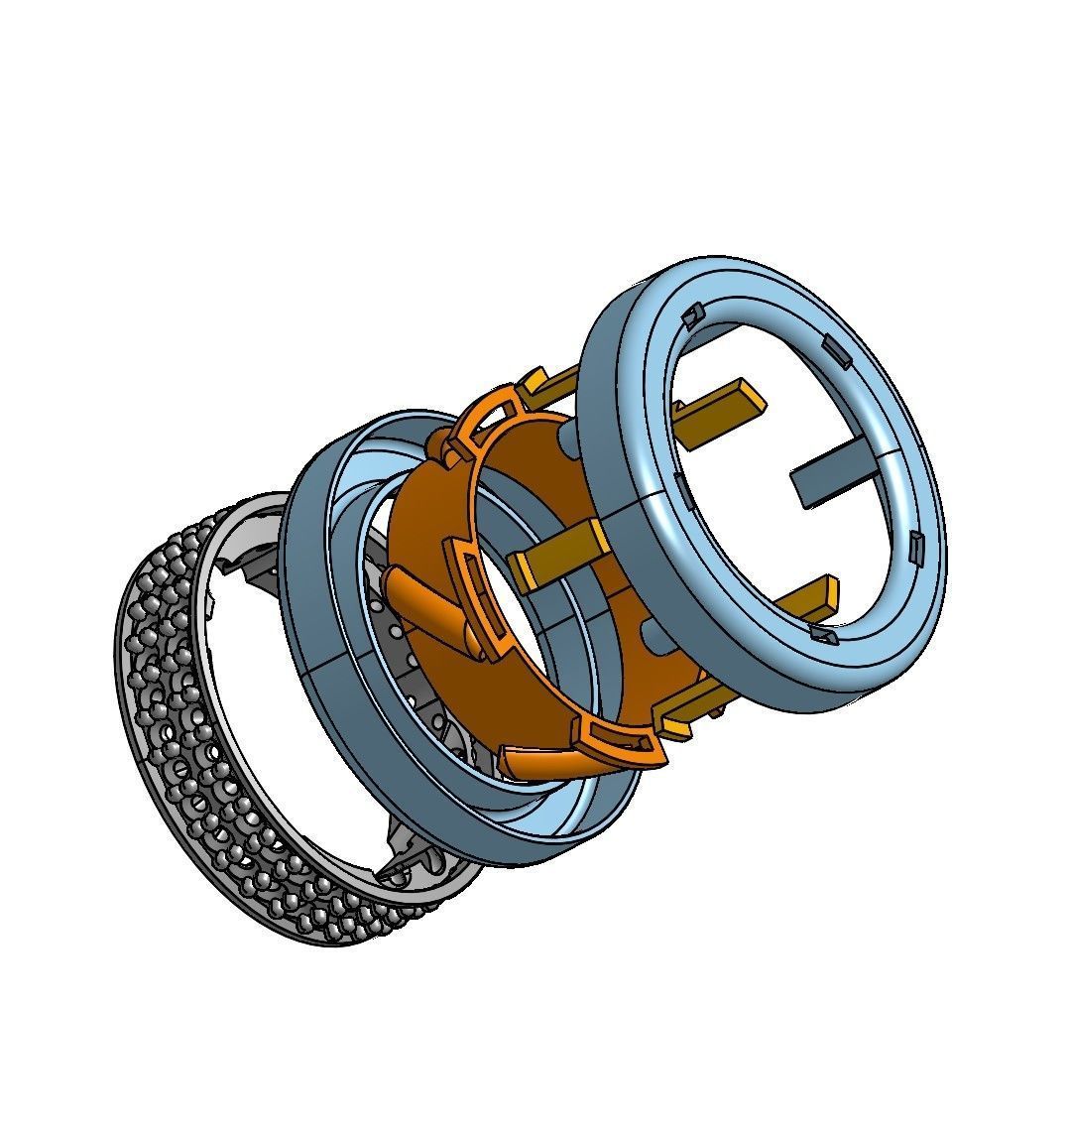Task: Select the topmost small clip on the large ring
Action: (x=691, y=314)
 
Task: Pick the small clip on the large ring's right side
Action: (x=915, y=544)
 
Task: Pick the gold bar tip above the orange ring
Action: (x=535, y=382)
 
